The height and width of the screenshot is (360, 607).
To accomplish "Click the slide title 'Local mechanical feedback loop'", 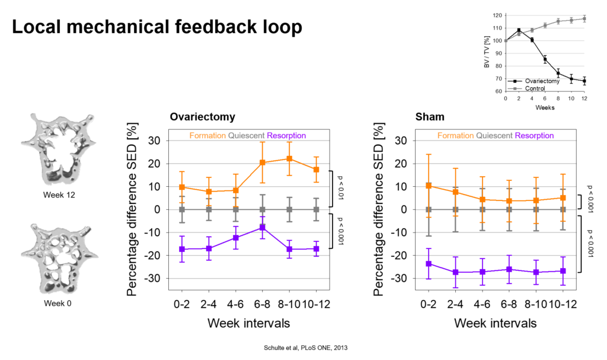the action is pyautogui.click(x=156, y=27).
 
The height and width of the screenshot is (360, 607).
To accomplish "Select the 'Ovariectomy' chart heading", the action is pyautogui.click(x=203, y=117).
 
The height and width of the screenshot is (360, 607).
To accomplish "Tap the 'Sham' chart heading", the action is pyautogui.click(x=430, y=117).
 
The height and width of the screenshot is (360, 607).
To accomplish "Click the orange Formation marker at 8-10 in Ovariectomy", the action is pyautogui.click(x=289, y=158).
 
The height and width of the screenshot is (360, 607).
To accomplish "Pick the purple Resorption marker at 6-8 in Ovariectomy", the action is pyautogui.click(x=263, y=227).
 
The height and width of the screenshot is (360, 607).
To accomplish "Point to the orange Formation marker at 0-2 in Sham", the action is pyautogui.click(x=429, y=186).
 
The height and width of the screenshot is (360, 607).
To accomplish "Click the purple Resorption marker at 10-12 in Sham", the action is pyautogui.click(x=563, y=271).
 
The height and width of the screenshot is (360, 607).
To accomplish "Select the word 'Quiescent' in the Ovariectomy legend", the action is pyautogui.click(x=246, y=136).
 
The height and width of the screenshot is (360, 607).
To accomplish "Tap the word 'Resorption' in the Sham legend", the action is pyautogui.click(x=534, y=136).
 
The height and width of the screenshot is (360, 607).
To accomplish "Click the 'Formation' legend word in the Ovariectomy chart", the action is pyautogui.click(x=207, y=136).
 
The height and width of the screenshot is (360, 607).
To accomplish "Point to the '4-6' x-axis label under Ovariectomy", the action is pyautogui.click(x=235, y=304).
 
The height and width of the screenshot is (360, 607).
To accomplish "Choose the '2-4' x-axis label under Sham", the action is pyautogui.click(x=455, y=304).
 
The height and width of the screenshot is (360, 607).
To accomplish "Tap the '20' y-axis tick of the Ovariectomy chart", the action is pyautogui.click(x=154, y=164).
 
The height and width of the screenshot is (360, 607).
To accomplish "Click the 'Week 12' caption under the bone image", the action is pyautogui.click(x=59, y=195).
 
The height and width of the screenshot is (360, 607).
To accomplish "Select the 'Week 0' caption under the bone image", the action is pyautogui.click(x=57, y=304).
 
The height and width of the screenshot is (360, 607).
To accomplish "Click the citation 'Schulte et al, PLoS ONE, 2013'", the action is pyautogui.click(x=305, y=348).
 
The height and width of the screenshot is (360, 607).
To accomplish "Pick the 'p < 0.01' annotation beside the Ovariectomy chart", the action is pyautogui.click(x=340, y=187).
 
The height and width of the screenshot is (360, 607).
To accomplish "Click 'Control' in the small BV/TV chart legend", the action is pyautogui.click(x=535, y=88).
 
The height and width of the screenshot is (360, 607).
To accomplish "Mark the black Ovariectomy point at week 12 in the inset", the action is pyautogui.click(x=584, y=81).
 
